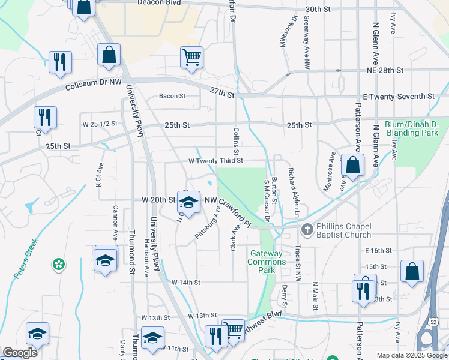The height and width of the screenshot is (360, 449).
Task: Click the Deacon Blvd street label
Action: pos(142,2)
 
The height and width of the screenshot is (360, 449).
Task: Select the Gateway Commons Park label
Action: pos(268,262)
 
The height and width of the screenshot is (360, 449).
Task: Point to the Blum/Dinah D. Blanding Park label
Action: pos(413,128)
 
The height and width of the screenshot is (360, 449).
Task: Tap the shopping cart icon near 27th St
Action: pos(191,58)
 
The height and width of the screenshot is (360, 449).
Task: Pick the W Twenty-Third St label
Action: pos(215,161)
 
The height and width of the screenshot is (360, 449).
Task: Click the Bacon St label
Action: pos(172,96)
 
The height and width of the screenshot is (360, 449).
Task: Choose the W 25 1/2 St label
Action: pos(100,124)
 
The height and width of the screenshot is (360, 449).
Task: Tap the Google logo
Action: pos(20,353)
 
